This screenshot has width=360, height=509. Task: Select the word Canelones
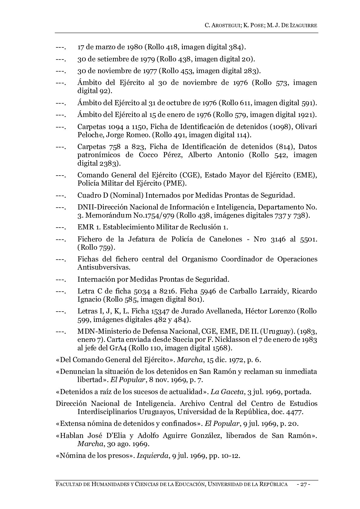226,239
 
